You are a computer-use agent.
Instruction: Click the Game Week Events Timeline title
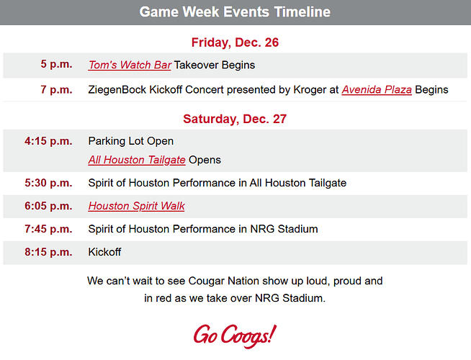point(235,12)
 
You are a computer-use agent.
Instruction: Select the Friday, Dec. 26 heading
point(235,42)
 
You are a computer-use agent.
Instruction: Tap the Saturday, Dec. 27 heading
point(235,119)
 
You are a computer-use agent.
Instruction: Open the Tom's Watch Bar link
point(130,65)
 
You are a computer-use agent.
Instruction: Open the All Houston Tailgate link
point(137,160)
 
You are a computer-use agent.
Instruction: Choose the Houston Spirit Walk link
point(136,206)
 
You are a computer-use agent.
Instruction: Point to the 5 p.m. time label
point(56,65)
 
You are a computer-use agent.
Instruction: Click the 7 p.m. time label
point(56,90)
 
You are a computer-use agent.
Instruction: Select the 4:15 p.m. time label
point(48,141)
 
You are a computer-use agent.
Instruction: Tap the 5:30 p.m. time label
point(48,183)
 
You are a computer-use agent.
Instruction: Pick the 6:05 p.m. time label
point(48,206)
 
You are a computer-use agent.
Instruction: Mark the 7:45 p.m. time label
point(48,229)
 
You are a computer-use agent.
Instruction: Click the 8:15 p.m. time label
point(48,252)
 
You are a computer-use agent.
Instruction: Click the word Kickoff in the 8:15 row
point(104,252)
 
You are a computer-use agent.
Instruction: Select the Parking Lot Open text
point(130,141)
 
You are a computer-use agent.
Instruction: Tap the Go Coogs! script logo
point(234,335)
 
